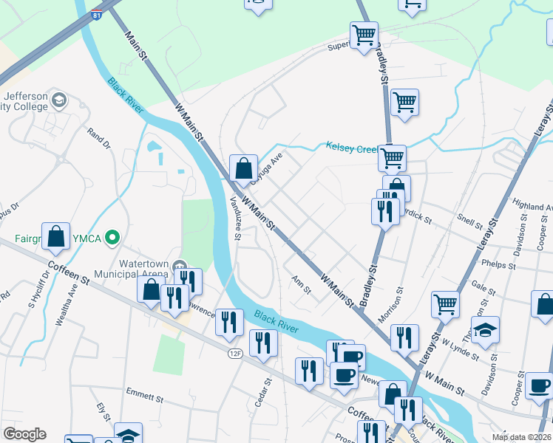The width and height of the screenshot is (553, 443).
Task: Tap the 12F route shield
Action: coord(235,354)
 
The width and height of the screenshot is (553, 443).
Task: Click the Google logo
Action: coord(24,434)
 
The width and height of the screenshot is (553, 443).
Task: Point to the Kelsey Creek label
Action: coord(352,148)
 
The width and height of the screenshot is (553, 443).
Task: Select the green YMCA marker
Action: coord(112,238)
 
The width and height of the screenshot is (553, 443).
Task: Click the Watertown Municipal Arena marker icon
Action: coord(179,266)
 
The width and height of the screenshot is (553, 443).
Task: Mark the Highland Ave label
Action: coord(532,207)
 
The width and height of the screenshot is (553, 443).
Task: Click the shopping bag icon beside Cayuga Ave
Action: coord(243,168)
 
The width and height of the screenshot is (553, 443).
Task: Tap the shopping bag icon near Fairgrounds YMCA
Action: coord(56,236)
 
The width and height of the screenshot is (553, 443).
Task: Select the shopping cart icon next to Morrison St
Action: coord(445,303)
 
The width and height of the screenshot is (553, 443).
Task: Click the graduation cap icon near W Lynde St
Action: coord(486,330)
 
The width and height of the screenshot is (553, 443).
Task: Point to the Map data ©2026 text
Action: coord(521,437)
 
